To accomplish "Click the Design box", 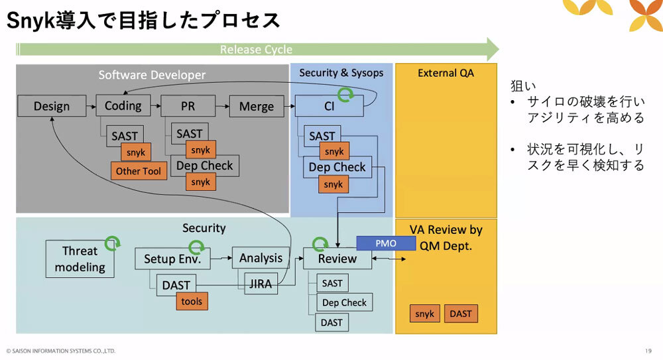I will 52,106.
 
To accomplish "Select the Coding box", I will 123,106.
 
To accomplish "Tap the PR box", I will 188,106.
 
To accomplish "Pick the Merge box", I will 256,106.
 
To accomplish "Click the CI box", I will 329,106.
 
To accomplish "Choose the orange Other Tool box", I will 139,171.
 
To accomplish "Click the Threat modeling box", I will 80,259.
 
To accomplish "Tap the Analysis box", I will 261,258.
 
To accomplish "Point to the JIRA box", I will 261,283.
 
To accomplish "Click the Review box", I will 337,259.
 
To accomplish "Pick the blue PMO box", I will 385,243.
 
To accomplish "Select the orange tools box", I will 192,301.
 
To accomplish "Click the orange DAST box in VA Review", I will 461,314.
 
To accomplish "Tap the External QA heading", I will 446,73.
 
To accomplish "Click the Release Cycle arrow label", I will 256,50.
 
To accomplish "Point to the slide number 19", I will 648,351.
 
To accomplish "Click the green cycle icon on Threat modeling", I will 113,243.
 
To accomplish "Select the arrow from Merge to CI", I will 288,106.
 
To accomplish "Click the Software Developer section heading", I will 152,75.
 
